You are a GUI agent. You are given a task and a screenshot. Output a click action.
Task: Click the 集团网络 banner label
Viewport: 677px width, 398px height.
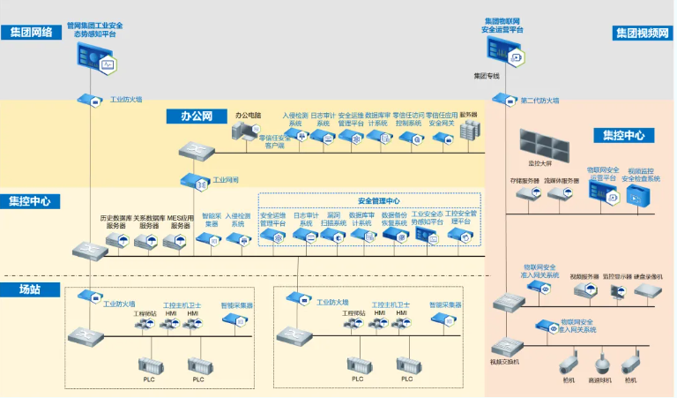point(31,32)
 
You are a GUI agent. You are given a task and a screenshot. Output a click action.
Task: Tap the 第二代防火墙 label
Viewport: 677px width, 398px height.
point(539,101)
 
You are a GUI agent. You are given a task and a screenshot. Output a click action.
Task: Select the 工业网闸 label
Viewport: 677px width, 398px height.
point(225,180)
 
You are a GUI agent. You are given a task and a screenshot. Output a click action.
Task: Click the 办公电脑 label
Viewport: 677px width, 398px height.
point(250,115)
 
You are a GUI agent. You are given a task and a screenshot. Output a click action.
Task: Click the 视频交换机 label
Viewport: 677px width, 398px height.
point(506,362)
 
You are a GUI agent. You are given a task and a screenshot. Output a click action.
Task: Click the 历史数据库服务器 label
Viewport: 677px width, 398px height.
point(115,222)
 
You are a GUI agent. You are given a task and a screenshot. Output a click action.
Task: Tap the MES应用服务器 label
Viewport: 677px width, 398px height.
point(180,222)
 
